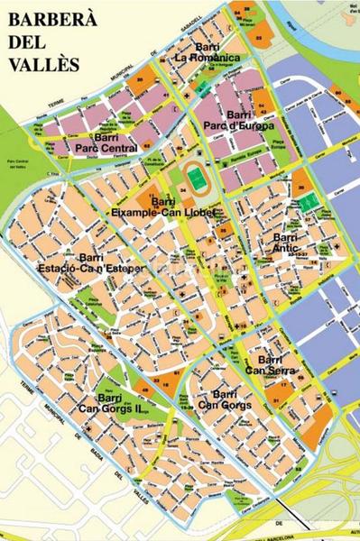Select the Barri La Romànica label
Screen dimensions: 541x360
[208, 53]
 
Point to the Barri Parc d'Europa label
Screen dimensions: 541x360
[237, 121]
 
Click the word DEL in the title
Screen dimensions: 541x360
[28, 42]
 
